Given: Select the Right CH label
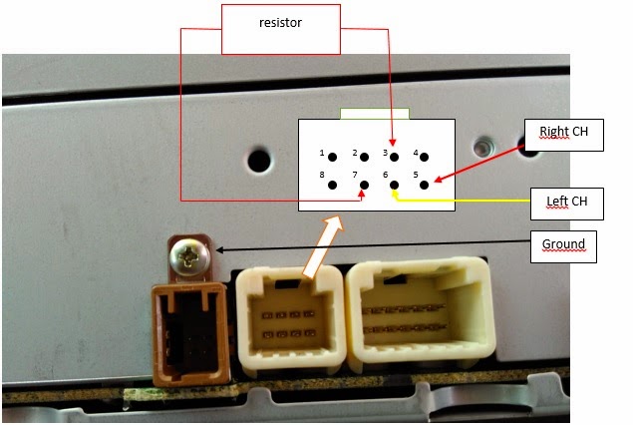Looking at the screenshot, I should (564, 133).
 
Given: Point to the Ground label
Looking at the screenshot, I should (563, 245).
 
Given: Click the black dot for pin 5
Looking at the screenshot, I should (425, 185).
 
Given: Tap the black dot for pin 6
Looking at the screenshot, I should (394, 185).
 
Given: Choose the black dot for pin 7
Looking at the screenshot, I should (363, 185).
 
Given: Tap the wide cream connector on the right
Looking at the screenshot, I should (420, 313).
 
